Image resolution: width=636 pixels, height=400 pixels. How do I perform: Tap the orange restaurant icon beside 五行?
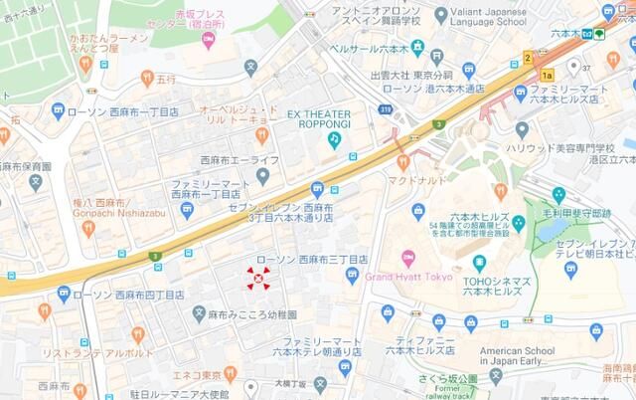coord(147,76)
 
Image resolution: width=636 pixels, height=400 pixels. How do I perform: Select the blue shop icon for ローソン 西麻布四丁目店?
coord(63,294)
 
